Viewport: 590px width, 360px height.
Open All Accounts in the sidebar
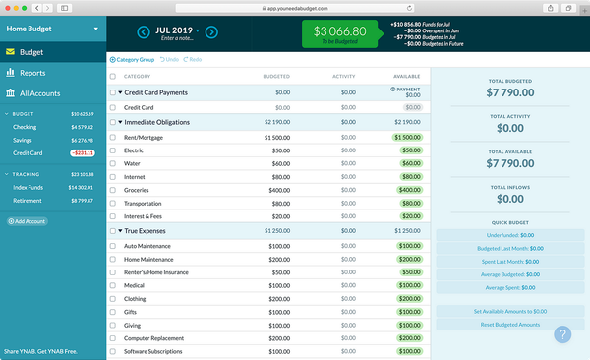pos(40,93)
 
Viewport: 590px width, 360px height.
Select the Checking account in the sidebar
pos(26,126)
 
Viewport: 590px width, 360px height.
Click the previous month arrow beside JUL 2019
pos(144,33)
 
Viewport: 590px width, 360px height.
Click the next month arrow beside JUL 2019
pos(211,33)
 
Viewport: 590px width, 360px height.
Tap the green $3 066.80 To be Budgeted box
pos(339,34)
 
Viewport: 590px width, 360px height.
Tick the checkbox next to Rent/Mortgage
pos(113,137)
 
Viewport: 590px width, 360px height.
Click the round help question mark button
pos(562,334)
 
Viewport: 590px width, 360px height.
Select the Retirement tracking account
pos(28,200)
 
